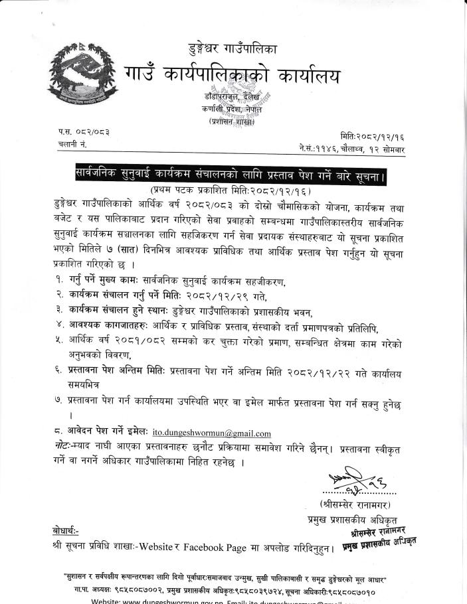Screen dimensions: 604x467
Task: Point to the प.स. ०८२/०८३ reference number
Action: (84, 132)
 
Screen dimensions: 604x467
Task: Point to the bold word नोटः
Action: (65, 446)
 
